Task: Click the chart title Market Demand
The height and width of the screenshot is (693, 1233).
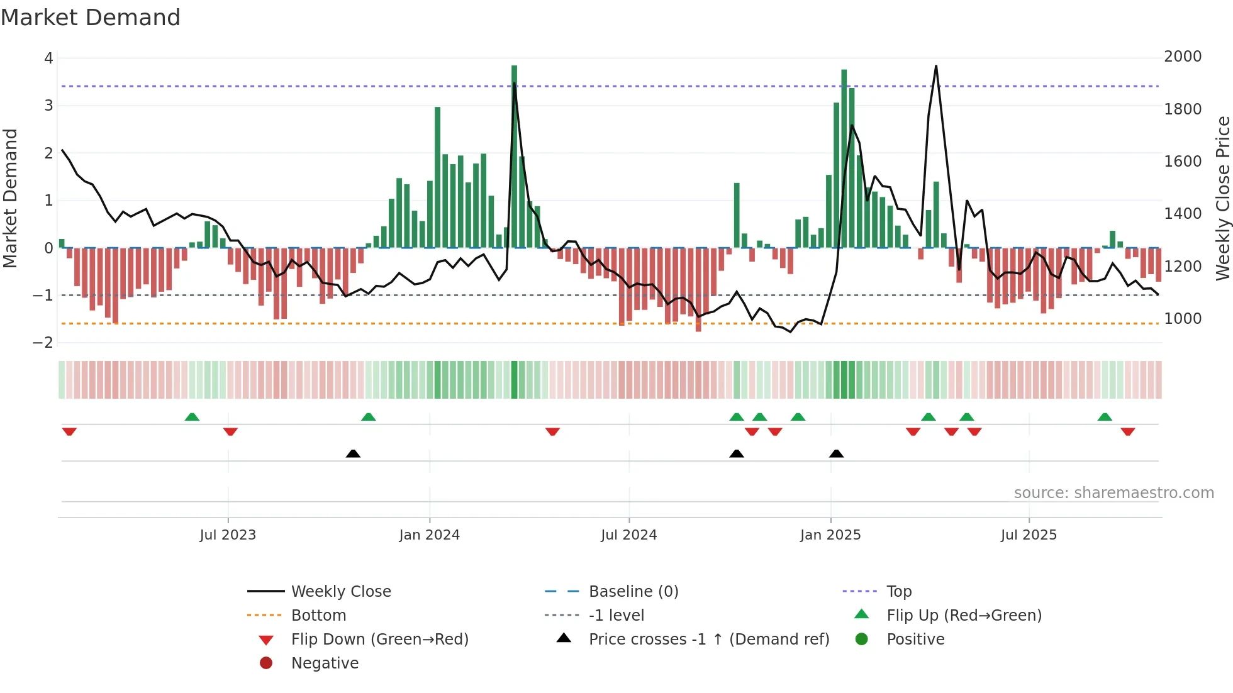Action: pyautogui.click(x=91, y=18)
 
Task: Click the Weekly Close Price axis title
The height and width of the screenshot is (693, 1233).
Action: pyautogui.click(x=1222, y=198)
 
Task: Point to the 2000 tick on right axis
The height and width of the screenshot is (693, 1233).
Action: pyautogui.click(x=1182, y=57)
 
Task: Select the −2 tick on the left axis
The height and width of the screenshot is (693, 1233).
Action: pyautogui.click(x=43, y=343)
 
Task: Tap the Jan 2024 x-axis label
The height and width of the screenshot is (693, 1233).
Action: pyautogui.click(x=429, y=535)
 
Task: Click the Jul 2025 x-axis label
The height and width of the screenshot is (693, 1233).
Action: pyautogui.click(x=1029, y=535)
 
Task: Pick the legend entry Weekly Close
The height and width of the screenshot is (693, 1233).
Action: pyautogui.click(x=340, y=592)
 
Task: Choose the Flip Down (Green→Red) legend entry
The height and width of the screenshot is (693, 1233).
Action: pyautogui.click(x=379, y=640)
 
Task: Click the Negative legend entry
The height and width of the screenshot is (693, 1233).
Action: pyautogui.click(x=325, y=663)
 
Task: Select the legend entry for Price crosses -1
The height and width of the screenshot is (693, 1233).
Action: pyautogui.click(x=708, y=640)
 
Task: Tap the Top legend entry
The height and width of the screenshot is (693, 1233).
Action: pyautogui.click(x=898, y=592)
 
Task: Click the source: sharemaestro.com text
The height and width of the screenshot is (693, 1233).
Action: pyautogui.click(x=1113, y=493)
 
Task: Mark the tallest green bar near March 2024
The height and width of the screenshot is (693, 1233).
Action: pyautogui.click(x=514, y=157)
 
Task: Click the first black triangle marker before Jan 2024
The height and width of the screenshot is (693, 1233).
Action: pyautogui.click(x=353, y=453)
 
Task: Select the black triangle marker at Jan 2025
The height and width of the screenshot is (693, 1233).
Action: pyautogui.click(x=836, y=453)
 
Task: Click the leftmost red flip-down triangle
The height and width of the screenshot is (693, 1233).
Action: pyautogui.click(x=69, y=431)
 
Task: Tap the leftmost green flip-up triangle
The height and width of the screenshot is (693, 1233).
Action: pyautogui.click(x=192, y=417)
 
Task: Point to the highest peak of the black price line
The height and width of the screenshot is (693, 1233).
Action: pyautogui.click(x=936, y=67)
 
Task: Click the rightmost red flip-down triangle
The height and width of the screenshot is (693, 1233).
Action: pyautogui.click(x=1127, y=431)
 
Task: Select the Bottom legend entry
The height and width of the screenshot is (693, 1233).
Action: pyautogui.click(x=318, y=616)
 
